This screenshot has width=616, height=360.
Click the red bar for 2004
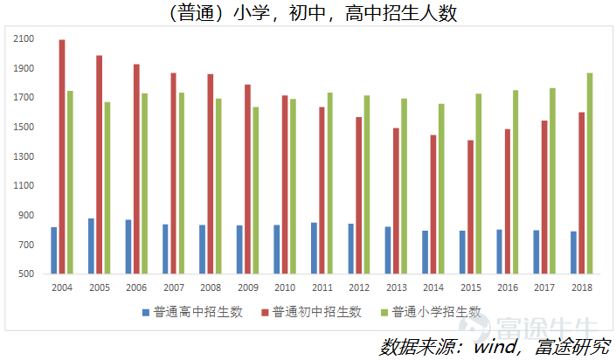[62, 157]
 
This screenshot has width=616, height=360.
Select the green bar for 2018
[590, 173]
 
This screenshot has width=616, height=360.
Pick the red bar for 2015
[470, 207]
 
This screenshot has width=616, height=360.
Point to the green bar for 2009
[256, 190]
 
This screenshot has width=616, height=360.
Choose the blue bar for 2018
[573, 253]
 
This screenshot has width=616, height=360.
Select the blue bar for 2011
[314, 248]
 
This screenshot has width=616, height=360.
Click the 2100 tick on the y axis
[24, 39]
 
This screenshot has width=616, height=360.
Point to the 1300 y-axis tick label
[24, 156]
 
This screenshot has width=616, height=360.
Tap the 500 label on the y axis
[26, 274]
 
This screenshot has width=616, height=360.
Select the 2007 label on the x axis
[173, 287]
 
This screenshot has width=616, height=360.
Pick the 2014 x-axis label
[433, 287]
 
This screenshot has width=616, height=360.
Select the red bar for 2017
[544, 197]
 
